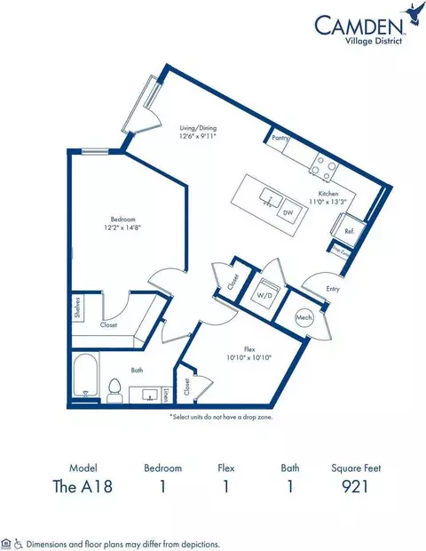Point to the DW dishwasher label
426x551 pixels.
pos(288,213)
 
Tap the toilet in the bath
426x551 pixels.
pos(114,389)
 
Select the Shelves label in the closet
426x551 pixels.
pos(79,308)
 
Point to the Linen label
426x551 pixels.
pos(166,395)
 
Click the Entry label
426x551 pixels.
pos(333,289)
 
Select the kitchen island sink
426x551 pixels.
pos(266,194)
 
